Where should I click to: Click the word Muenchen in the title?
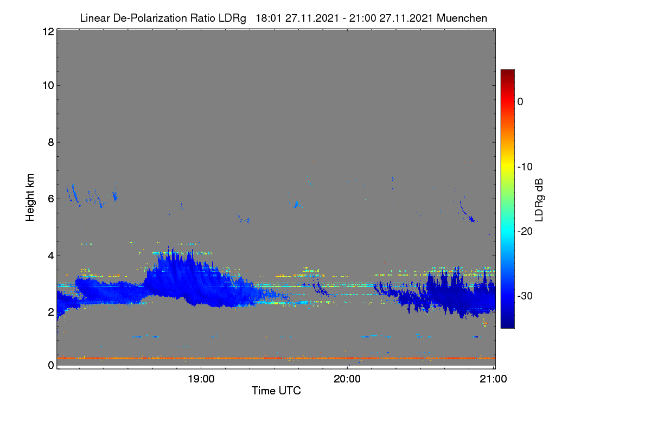[x=462, y=18]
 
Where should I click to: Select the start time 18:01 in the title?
[x=268, y=18]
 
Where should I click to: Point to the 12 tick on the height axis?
[x=48, y=31]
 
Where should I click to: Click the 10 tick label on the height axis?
[x=48, y=86]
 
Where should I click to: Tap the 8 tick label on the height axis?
[x=51, y=142]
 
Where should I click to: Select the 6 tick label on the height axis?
[x=51, y=199]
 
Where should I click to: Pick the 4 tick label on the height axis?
[x=51, y=256]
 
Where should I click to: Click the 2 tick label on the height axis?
[x=51, y=312]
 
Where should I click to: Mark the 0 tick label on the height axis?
[x=51, y=365]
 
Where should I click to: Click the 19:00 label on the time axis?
[x=201, y=379]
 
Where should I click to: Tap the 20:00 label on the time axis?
[x=347, y=379]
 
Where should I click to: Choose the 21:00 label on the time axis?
[x=493, y=379]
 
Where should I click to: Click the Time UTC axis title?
[x=276, y=391]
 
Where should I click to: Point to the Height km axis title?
[x=30, y=197]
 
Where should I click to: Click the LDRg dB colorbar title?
[x=539, y=200]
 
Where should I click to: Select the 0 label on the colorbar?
[x=520, y=102]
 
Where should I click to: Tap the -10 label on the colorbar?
[x=525, y=167]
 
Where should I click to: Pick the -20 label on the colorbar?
[x=525, y=232]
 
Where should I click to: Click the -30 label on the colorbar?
[x=525, y=296]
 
